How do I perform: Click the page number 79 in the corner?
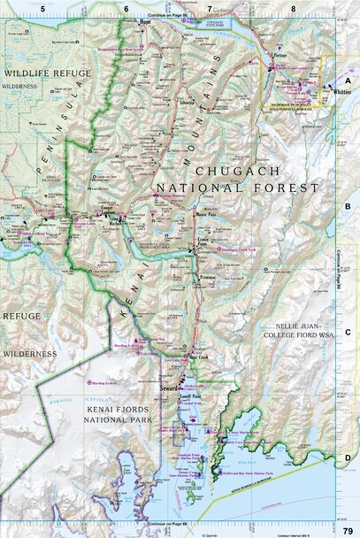click(x=348, y=530)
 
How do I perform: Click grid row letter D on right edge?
click(x=348, y=457)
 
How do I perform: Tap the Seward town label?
click(x=168, y=386)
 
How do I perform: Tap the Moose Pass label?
click(x=204, y=213)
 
